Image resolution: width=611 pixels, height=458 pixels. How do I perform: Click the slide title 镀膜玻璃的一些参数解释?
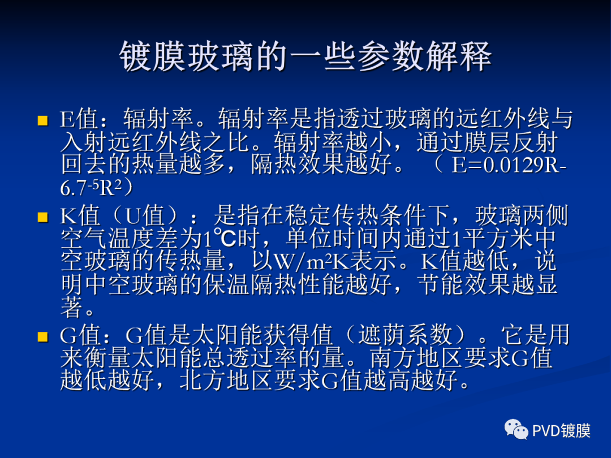tap(305, 56)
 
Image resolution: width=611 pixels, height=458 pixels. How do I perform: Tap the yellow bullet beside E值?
tap(42, 120)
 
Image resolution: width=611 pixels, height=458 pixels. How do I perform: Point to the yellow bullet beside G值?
tap(42, 337)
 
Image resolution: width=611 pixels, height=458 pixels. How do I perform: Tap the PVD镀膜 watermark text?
tap(561, 431)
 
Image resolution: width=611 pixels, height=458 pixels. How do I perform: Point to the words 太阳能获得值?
tap(264, 336)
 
